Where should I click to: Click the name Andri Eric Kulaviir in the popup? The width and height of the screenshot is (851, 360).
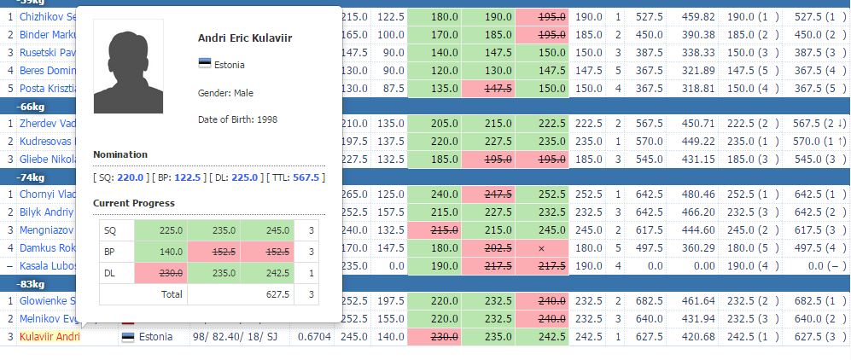tap(244, 38)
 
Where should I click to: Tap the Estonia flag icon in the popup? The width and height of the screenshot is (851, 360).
tap(204, 65)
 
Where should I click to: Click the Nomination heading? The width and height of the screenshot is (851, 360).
tap(120, 154)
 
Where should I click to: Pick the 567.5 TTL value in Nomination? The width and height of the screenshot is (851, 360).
tap(306, 177)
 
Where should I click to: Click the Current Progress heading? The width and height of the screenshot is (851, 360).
tap(133, 203)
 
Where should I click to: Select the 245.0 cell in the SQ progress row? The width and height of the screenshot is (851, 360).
tap(266, 229)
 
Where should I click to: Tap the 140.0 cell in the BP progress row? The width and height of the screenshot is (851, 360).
tap(160, 252)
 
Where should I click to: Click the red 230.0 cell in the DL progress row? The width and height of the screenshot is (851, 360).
tap(160, 273)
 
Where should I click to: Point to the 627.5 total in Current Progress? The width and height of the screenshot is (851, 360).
tap(266, 294)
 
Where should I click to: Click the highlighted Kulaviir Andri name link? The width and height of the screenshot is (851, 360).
tap(50, 337)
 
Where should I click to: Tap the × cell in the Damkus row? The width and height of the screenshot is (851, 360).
tap(540, 247)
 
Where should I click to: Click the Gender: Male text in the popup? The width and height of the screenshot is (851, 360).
tap(225, 92)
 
